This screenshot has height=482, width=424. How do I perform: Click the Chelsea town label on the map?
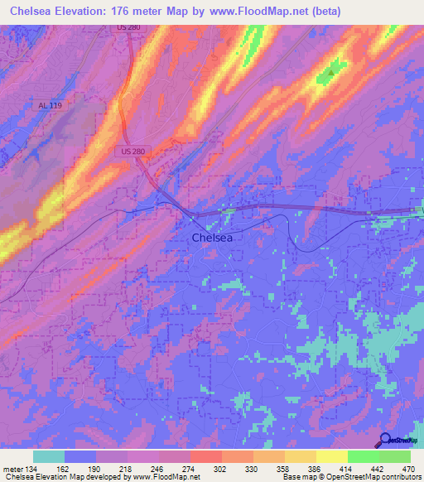(211, 238)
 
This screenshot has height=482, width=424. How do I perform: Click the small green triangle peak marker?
(331, 72)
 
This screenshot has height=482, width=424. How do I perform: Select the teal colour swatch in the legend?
(49, 456)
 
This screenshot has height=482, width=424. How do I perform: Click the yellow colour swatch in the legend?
(332, 456)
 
